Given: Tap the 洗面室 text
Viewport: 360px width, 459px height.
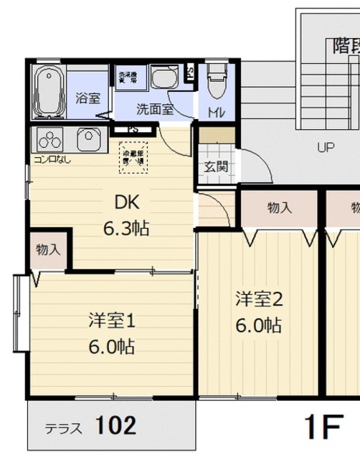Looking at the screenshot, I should [x=155, y=110].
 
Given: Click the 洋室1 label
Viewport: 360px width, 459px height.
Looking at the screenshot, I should [x=112, y=321].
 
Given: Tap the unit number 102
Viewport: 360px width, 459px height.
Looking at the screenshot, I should [x=115, y=426].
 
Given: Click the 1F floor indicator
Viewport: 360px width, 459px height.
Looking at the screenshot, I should [x=322, y=427].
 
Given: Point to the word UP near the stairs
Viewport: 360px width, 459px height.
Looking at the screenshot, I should [x=326, y=148].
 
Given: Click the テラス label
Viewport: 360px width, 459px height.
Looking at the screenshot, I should [x=63, y=429].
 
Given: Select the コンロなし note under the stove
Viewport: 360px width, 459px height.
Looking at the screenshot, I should [x=48, y=160].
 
